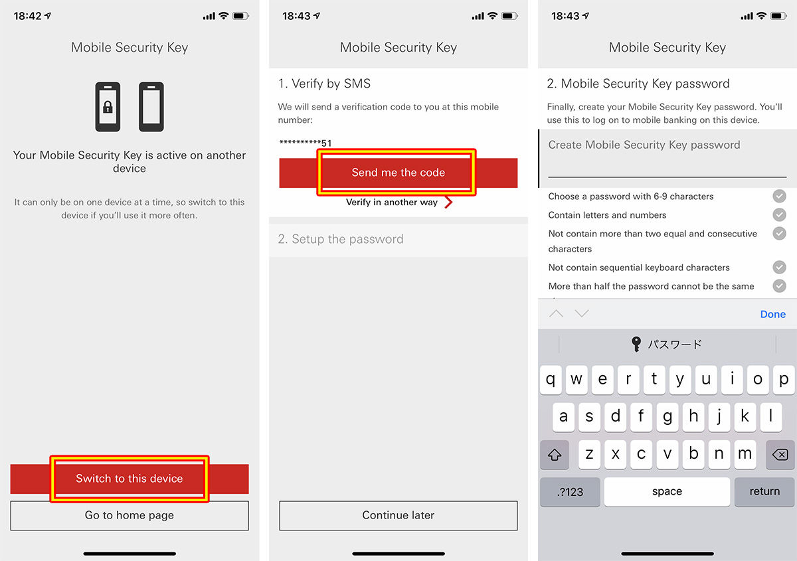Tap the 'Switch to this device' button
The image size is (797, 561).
coord(129,479)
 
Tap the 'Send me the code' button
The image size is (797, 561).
coord(398,173)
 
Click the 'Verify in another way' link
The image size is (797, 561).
coord(398,202)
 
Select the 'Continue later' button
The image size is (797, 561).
coord(398,515)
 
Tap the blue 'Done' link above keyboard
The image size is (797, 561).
coord(773,314)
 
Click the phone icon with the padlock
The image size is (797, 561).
coord(108,107)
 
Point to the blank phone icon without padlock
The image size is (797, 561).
coord(151,107)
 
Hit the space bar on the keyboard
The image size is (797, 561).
coord(667,492)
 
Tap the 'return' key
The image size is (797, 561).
coord(764,492)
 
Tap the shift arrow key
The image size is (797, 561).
coord(555,454)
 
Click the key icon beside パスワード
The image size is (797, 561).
coord(636,344)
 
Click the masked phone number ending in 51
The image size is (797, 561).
coord(306,143)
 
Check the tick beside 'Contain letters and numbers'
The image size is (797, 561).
coord(779,214)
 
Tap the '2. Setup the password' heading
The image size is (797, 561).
coord(341,239)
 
